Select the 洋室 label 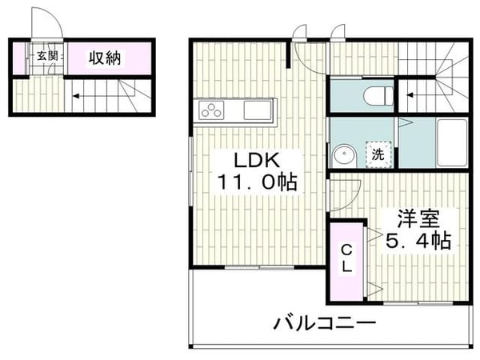(418, 218)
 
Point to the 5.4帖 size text (418, 238)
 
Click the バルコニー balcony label (324, 324)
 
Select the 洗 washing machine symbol (378, 154)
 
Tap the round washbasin (345, 155)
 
